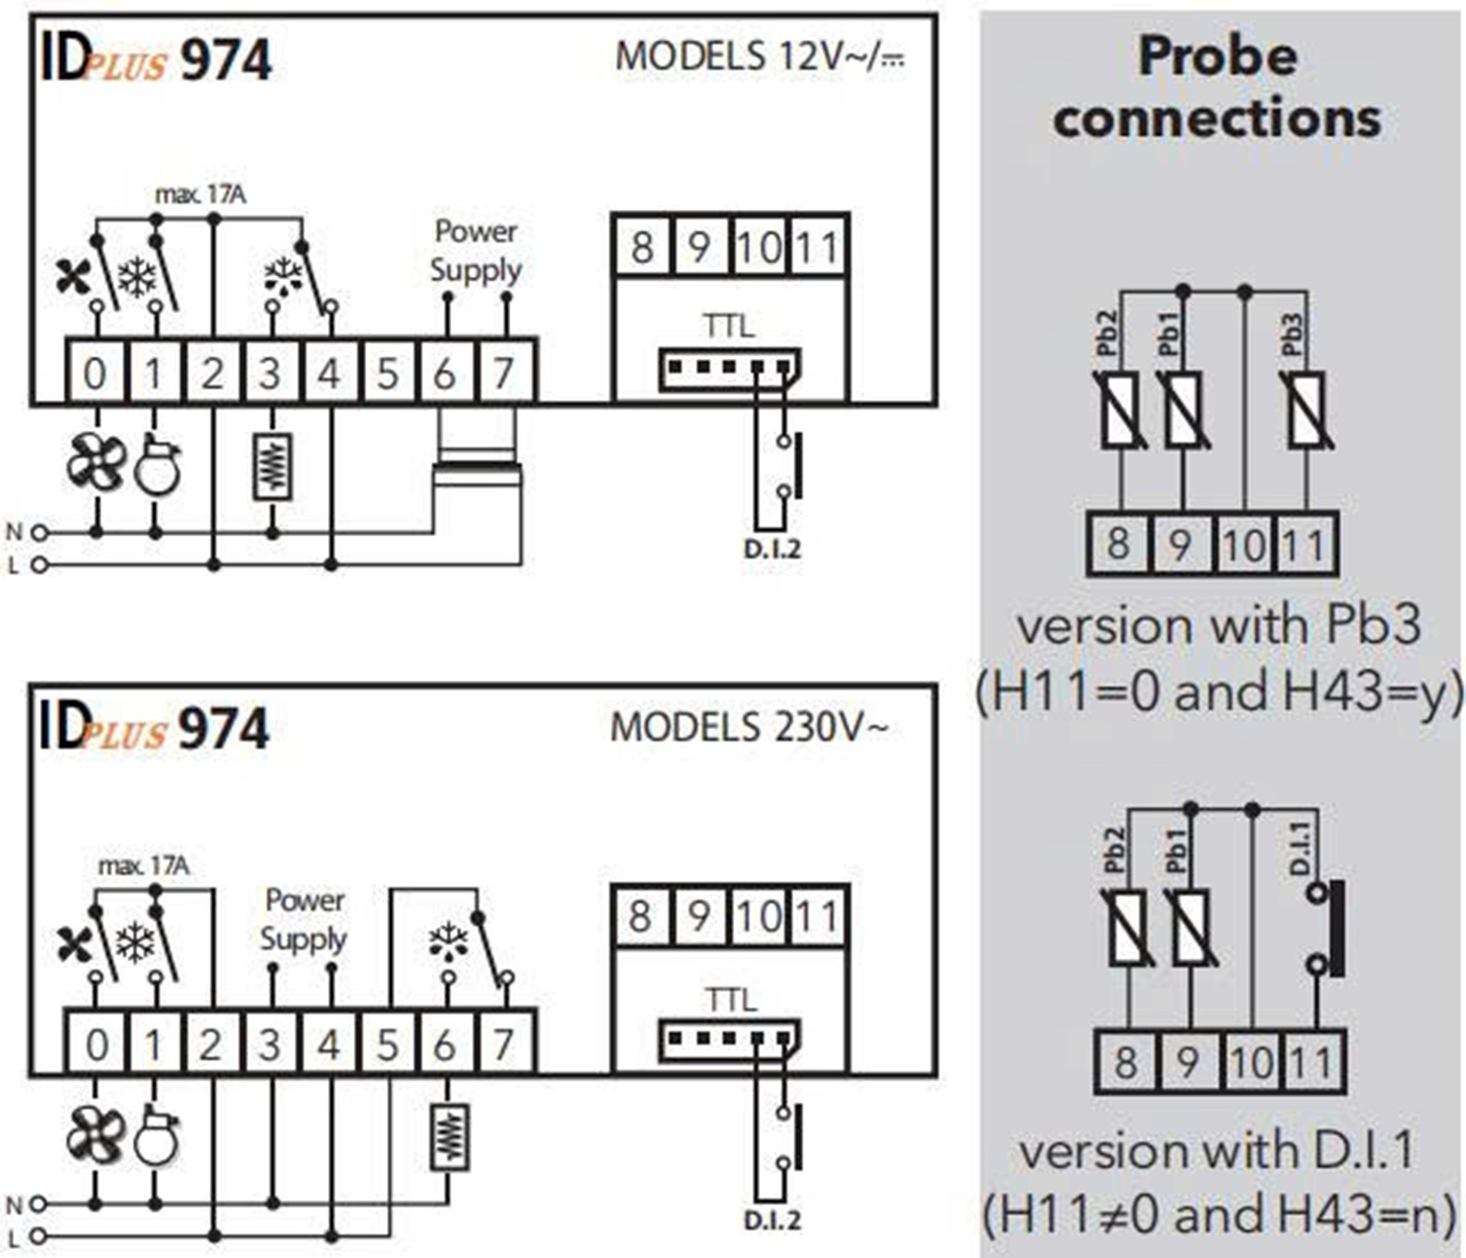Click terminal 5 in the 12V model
(x=387, y=373)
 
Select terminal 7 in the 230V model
(x=503, y=1044)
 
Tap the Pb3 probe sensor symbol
(x=1307, y=411)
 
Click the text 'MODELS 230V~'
(x=748, y=727)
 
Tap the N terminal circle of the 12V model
(x=40, y=532)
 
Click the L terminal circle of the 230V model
(x=40, y=1237)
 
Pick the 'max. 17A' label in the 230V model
(x=144, y=865)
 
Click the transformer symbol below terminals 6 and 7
(x=477, y=470)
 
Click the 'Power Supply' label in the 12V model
(x=475, y=251)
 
